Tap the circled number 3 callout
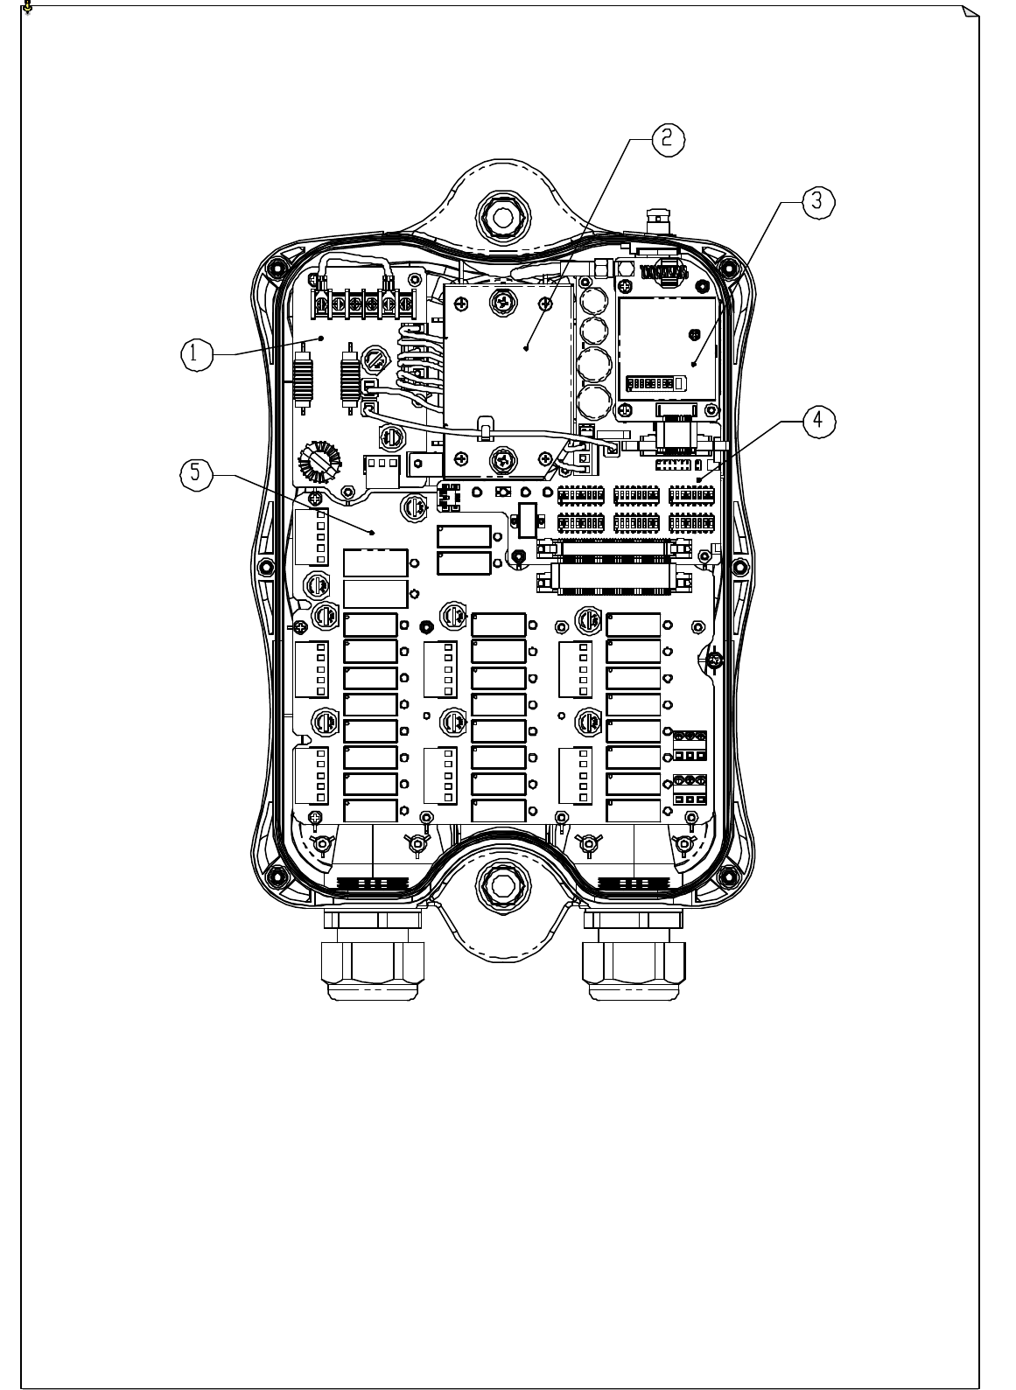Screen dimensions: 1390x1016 click(x=816, y=200)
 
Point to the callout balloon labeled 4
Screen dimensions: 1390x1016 click(x=816, y=419)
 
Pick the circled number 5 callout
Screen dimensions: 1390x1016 click(x=194, y=473)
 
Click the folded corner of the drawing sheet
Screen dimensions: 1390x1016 click(x=969, y=12)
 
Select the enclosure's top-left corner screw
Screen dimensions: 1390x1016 click(x=277, y=266)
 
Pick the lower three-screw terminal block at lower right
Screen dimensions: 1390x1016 click(x=690, y=790)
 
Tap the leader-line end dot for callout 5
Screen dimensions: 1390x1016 click(x=374, y=532)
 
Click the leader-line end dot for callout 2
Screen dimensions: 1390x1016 click(x=527, y=349)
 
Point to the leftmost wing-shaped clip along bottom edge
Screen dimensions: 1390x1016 click(x=323, y=844)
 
